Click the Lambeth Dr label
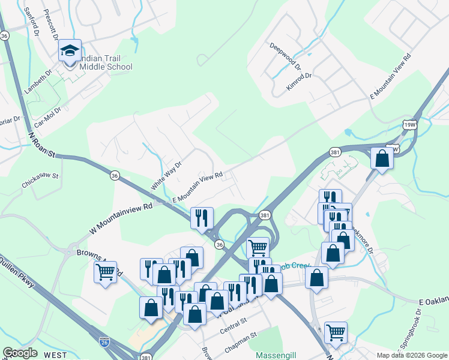(x=38, y=80)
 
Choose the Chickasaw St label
(x=39, y=176)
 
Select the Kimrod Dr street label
(x=299, y=80)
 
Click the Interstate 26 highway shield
(x=104, y=342)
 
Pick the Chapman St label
(x=241, y=338)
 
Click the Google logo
(x=20, y=353)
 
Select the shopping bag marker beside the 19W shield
(x=382, y=159)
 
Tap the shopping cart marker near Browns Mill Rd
(x=106, y=272)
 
